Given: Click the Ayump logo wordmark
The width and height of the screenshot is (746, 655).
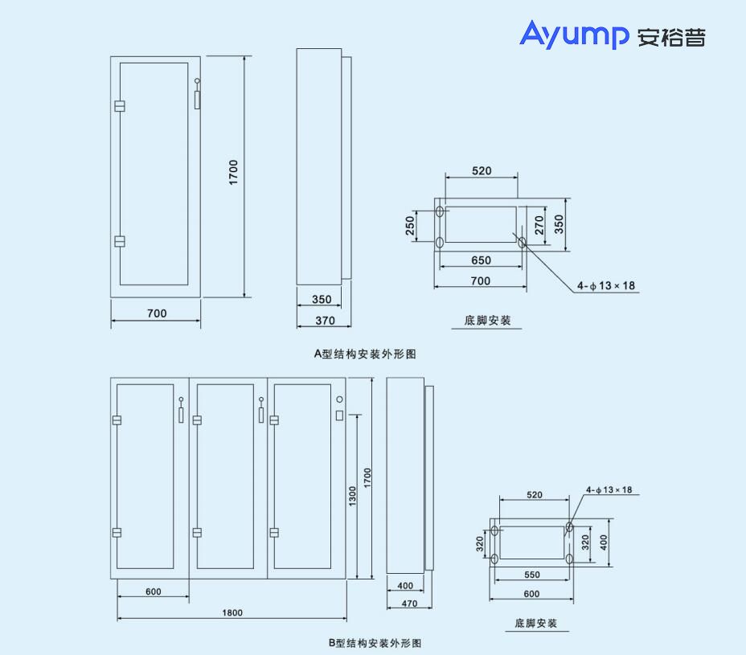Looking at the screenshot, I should click(x=574, y=35).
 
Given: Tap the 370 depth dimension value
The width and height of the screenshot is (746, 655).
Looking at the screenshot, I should click(x=321, y=321).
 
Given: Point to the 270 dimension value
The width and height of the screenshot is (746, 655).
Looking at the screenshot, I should click(x=540, y=224).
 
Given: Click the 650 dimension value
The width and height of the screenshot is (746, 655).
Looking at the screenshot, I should click(x=481, y=260).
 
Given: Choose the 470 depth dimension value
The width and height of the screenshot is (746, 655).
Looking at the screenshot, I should click(x=409, y=603).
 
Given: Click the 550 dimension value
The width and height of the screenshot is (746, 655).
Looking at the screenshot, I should click(x=531, y=575).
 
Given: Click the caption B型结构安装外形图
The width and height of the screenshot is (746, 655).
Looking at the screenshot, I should click(x=374, y=643).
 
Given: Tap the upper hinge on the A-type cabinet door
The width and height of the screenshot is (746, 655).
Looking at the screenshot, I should click(x=120, y=106).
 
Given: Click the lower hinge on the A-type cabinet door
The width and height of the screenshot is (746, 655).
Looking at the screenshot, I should click(x=120, y=241).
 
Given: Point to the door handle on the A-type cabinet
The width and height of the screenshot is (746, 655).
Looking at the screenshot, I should click(x=198, y=96).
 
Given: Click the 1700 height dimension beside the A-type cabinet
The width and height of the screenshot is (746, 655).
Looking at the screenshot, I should click(x=234, y=173).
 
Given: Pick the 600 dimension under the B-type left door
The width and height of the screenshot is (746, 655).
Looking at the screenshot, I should click(x=154, y=592).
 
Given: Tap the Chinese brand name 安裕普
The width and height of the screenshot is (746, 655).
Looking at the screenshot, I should click(x=671, y=37).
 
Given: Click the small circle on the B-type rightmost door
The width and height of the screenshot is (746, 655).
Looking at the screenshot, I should click(x=340, y=399).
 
